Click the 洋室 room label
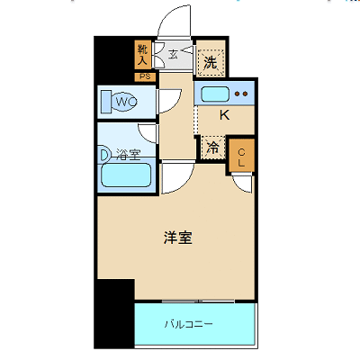tap(178, 238)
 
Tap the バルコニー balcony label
tap(189, 324)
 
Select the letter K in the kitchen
tap(224, 114)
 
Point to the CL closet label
tap(241, 157)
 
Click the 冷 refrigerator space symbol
tap(213, 148)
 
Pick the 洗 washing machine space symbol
tap(211, 62)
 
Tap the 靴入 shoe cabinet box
tap(142, 55)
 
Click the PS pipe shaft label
tap(145, 76)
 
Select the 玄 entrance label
tap(173, 54)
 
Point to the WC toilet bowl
tap(120, 102)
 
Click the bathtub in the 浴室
tap(126, 175)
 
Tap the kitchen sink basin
tap(215, 94)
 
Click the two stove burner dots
tap(241, 94)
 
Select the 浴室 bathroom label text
tap(129, 155)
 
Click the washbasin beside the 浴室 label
tap(104, 154)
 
